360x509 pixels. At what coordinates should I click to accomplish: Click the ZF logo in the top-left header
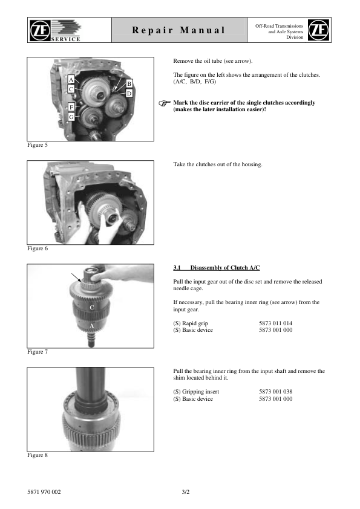[40, 30]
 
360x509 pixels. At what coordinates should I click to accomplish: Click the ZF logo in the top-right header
[318, 30]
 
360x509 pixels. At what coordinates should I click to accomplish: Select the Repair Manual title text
[178, 30]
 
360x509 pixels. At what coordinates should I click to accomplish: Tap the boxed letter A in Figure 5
[71, 80]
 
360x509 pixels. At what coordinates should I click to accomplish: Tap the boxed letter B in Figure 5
[129, 84]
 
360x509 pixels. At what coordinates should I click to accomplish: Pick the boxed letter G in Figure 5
[71, 117]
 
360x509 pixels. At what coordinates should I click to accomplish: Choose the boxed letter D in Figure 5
[129, 94]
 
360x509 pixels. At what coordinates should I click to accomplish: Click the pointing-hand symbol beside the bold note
[165, 103]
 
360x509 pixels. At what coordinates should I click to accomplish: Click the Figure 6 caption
[38, 248]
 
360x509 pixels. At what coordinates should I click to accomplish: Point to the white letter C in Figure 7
[91, 308]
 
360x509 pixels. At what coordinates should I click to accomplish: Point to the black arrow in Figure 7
[77, 278]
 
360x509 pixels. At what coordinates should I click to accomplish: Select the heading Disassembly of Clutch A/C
[225, 267]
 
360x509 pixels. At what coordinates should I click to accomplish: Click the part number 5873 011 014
[275, 323]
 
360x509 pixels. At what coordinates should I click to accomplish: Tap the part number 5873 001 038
[275, 392]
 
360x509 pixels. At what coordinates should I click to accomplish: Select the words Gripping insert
[200, 392]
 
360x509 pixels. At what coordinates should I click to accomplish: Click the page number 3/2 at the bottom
[186, 492]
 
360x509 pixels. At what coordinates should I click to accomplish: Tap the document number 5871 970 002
[44, 492]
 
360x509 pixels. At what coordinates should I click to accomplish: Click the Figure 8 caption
[38, 455]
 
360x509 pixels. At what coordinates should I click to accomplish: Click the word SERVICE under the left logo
[65, 39]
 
